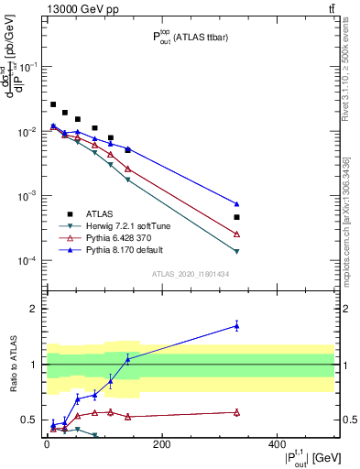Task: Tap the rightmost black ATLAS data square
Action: coord(236,217)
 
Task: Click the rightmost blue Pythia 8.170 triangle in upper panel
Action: coord(236,204)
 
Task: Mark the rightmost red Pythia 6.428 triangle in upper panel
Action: coord(236,234)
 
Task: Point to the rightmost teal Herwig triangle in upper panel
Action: coord(236,251)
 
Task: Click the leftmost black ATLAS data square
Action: coord(53,104)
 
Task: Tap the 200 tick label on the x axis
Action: coord(161,444)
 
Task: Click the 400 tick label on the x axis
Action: coord(277,444)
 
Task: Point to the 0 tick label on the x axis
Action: coord(47,444)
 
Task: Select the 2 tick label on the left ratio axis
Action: coord(33,309)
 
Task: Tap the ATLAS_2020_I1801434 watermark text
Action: coord(190,274)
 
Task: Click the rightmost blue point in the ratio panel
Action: coord(236,325)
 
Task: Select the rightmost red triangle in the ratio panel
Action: coord(236,412)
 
